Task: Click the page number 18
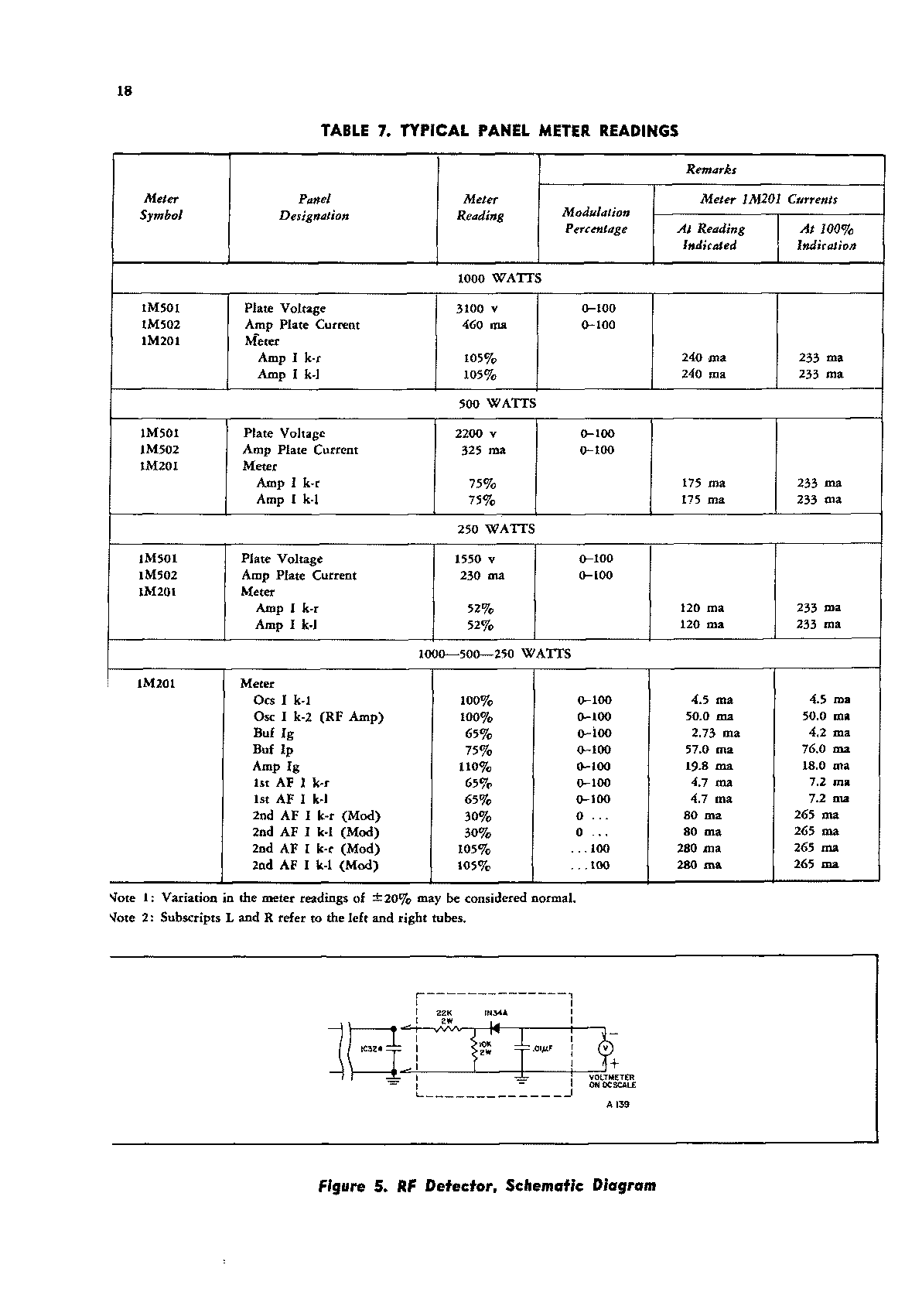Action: (125, 91)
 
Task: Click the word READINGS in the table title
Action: (639, 131)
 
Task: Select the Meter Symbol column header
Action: (161, 207)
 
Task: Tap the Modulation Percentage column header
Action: (596, 220)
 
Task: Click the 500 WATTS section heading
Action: (497, 404)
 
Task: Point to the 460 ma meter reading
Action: (483, 325)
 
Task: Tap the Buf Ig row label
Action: (273, 733)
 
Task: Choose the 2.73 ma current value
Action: (715, 733)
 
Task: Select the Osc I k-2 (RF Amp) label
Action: (318, 717)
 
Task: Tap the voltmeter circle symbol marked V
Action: (606, 1048)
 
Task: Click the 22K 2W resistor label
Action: (445, 1017)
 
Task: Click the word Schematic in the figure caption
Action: (544, 1186)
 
